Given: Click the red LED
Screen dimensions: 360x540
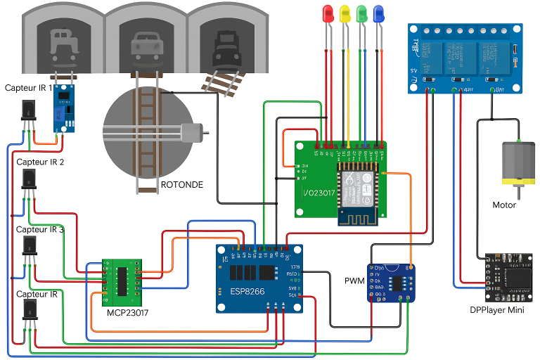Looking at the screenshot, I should (328, 14).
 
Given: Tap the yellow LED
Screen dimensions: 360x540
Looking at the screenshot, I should (345, 14).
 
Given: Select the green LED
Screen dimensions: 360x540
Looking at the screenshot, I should (361, 14).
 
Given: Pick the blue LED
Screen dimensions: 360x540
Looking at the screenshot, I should (378, 14).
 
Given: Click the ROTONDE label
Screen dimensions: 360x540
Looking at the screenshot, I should (182, 185).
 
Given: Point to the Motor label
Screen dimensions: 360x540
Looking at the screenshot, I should (504, 205).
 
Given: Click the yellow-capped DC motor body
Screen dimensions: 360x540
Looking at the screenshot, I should (517, 164).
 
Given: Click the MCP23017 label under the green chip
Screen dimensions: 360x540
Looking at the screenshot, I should (128, 312).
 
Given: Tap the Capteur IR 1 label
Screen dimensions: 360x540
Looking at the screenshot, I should (28, 88).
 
